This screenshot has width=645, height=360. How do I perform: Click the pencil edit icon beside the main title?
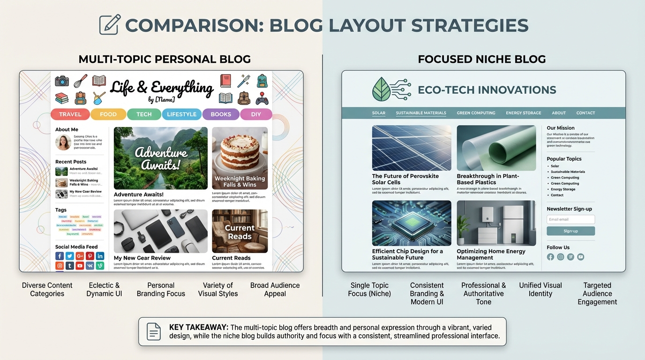[110, 24]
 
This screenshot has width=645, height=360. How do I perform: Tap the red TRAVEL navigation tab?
[70, 114]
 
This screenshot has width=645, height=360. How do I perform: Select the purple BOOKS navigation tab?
[221, 114]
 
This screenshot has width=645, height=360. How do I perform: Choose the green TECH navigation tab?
[144, 114]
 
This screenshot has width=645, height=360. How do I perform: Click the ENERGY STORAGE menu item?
[523, 113]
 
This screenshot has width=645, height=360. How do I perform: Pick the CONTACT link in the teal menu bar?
[585, 113]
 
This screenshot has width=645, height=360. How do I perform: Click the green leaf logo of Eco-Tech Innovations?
[382, 89]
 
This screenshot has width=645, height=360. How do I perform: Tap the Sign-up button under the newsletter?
[570, 231]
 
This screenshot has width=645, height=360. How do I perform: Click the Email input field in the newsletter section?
[570, 219]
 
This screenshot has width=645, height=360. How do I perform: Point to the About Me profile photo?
[63, 142]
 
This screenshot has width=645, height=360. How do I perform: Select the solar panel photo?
[412, 148]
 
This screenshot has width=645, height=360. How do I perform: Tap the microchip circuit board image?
[412, 223]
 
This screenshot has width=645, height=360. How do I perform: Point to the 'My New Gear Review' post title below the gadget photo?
[142, 258]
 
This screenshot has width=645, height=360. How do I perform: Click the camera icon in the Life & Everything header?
[62, 81]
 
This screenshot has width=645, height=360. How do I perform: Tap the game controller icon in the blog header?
[262, 98]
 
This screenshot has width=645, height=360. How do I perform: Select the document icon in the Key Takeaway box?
[154, 331]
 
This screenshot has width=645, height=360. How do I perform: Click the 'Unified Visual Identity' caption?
[540, 289]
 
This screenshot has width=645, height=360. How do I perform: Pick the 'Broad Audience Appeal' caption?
[275, 289]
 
